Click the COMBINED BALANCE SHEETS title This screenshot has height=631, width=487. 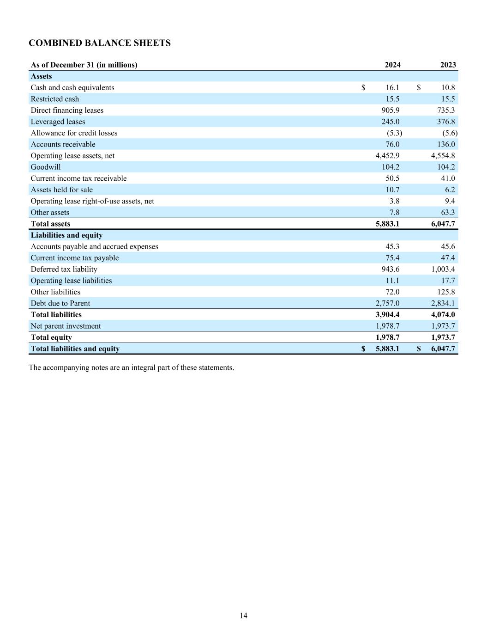click(99, 43)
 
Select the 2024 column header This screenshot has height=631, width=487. click(392, 65)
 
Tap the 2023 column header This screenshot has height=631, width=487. click(448, 65)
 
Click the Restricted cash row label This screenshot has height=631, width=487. click(54, 99)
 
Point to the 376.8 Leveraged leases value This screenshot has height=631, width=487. click(445, 122)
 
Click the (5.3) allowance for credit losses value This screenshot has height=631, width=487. click(394, 133)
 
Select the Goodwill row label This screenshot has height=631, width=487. click(45, 167)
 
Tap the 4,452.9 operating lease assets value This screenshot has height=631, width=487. click(387, 156)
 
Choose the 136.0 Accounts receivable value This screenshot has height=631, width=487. click(445, 144)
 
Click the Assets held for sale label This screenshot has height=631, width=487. click(61, 190)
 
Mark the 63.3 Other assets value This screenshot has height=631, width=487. click(447, 213)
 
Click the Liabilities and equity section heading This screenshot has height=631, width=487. click(66, 235)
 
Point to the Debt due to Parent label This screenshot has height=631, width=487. click(60, 303)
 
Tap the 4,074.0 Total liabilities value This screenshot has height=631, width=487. click(443, 315)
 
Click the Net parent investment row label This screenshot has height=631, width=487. click(66, 326)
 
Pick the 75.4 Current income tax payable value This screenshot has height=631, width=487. click(392, 258)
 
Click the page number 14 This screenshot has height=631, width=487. click(243, 615)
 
